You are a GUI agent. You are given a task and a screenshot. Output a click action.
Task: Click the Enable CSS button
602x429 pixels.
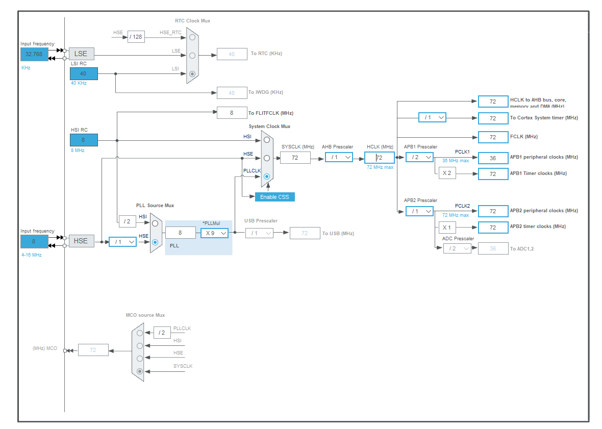click(274, 197)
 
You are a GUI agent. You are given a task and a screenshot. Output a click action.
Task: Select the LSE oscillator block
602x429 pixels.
click(81, 54)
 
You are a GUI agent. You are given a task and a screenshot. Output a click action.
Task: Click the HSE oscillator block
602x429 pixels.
click(81, 241)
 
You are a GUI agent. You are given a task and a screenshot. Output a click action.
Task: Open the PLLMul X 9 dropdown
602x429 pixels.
click(214, 233)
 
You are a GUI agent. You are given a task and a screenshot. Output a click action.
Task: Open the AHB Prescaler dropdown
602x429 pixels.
click(339, 157)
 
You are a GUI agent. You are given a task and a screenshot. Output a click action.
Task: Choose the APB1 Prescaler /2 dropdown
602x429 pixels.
click(419, 157)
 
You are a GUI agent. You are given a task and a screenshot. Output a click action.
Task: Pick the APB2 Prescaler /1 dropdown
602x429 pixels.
click(419, 211)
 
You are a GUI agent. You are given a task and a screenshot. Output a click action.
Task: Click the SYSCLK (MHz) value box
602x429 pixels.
click(295, 158)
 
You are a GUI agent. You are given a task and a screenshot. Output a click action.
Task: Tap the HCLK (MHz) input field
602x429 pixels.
click(379, 158)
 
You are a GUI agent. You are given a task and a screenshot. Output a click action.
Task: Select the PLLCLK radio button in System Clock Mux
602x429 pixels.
click(267, 176)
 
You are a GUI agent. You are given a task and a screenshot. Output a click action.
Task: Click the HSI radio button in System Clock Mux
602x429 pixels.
click(267, 140)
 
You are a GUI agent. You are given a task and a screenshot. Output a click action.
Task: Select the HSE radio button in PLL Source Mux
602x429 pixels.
click(155, 242)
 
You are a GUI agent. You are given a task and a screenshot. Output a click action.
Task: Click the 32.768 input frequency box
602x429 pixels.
click(34, 54)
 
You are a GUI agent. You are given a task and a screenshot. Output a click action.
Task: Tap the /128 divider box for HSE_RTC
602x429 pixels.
click(136, 37)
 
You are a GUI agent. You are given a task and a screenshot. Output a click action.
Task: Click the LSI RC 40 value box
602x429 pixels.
click(84, 73)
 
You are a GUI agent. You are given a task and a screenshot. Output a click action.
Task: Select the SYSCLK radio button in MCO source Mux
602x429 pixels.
click(140, 371)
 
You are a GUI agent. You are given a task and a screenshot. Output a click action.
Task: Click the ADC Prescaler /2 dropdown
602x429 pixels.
click(457, 248)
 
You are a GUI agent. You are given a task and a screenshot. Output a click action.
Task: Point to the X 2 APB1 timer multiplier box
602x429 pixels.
click(447, 173)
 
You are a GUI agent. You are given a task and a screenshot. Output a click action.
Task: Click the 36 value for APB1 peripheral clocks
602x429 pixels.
click(493, 158)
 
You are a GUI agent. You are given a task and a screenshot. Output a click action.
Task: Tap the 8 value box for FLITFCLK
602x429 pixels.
click(232, 113)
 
